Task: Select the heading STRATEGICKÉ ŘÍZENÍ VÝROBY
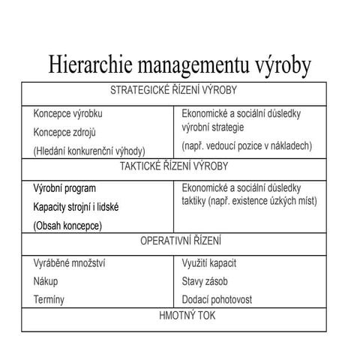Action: tap(173, 91)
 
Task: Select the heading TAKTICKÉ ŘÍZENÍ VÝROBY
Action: tap(173, 166)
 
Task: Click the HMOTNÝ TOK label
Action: tap(173, 315)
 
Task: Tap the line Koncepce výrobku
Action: tap(68, 114)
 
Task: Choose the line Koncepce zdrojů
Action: tap(65, 132)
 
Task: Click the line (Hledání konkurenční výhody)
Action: tap(89, 150)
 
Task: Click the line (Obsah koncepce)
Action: tap(67, 224)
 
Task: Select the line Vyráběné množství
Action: tap(70, 263)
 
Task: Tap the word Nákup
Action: tap(46, 281)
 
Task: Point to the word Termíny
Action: tap(49, 299)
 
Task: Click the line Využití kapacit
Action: tap(214, 263)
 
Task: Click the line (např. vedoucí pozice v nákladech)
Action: tap(247, 145)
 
